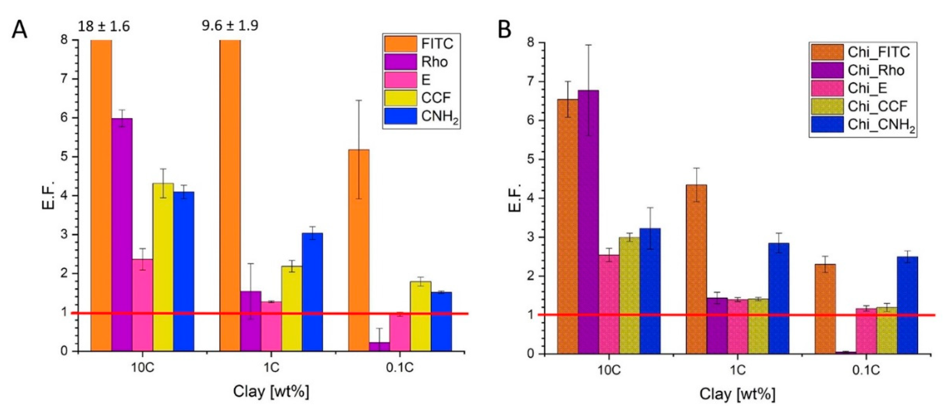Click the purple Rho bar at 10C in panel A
122,235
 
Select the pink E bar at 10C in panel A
142,304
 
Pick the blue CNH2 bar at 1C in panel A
312,291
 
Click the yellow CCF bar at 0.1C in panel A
421,316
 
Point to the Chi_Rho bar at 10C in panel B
588,220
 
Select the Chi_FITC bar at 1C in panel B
696,268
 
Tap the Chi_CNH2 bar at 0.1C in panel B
907,304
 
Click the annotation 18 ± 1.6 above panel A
104,26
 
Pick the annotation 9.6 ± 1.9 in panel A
230,26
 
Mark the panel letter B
505,29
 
